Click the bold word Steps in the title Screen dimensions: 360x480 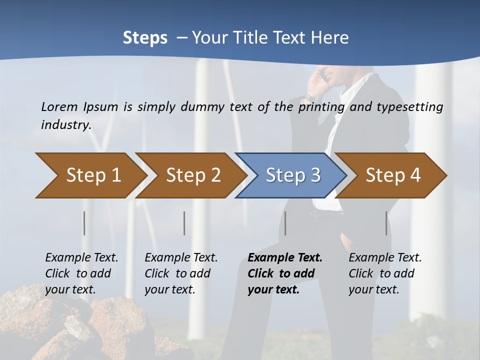coord(145,38)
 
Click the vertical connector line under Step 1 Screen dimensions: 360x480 coord(84,223)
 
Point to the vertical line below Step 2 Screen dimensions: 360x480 coord(184,223)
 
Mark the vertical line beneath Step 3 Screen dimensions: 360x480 coord(285,223)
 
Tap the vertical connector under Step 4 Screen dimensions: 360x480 coord(386,223)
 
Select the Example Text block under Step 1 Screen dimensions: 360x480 coord(81,273)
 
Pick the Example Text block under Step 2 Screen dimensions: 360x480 coord(181,273)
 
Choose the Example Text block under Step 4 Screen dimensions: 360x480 coord(385,273)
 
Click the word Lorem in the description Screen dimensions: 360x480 coord(59,106)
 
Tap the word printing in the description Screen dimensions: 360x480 coord(321,106)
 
